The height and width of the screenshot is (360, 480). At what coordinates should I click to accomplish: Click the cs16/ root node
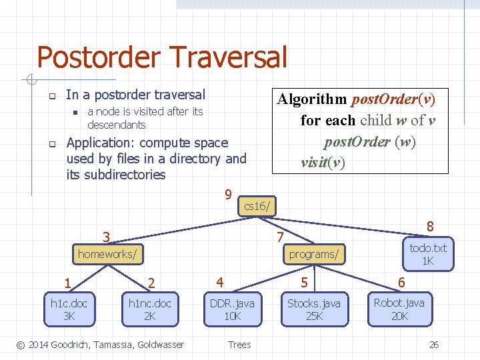click(257, 207)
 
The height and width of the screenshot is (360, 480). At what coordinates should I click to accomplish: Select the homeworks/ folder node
click(108, 254)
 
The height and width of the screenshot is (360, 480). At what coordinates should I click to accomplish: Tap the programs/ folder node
click(313, 254)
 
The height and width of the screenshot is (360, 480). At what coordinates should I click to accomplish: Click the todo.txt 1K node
click(428, 254)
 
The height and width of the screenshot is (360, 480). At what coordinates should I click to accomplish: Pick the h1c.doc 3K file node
click(69, 309)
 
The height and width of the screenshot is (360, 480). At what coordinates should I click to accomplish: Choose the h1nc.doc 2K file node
click(150, 309)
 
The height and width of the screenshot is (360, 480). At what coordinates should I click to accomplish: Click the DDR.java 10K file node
click(232, 309)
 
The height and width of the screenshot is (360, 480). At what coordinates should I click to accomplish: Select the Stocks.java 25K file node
click(314, 309)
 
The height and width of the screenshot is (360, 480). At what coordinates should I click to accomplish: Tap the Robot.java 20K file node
click(399, 309)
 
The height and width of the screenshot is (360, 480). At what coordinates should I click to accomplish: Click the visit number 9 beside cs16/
click(228, 195)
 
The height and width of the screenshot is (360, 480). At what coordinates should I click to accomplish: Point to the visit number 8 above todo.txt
click(431, 226)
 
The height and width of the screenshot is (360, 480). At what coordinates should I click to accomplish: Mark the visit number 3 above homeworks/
click(106, 237)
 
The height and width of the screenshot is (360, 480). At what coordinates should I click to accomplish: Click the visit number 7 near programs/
click(281, 237)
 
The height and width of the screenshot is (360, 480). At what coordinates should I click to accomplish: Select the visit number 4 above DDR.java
click(219, 281)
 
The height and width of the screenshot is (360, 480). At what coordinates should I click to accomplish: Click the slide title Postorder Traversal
click(162, 57)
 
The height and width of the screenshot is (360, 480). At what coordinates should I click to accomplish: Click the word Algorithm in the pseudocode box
click(312, 99)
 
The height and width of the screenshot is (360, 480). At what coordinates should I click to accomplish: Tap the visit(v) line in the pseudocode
click(323, 163)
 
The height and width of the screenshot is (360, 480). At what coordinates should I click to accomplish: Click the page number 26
click(433, 345)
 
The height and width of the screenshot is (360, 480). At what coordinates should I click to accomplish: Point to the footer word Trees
click(239, 345)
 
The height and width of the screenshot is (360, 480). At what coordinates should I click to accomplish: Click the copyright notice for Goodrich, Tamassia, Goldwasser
click(100, 345)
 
